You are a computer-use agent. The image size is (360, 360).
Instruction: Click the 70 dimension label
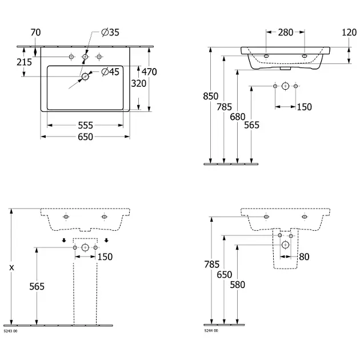coord(35,33)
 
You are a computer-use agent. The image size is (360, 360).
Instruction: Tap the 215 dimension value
coord(24,62)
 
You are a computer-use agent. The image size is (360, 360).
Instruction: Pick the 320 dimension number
coord(138,83)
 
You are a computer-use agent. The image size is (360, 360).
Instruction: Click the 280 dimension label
coord(285,33)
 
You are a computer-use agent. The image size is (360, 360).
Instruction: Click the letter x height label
coord(11,267)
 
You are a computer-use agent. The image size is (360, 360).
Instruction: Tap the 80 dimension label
coord(303,257)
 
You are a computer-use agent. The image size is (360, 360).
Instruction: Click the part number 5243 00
coord(11,330)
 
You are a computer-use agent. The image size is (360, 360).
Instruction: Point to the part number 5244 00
coord(211,330)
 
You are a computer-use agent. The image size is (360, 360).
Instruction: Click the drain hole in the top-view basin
coord(85,76)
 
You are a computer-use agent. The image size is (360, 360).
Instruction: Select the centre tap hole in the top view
coord(85,57)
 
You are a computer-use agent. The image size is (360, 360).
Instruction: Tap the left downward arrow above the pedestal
coord(64,240)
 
